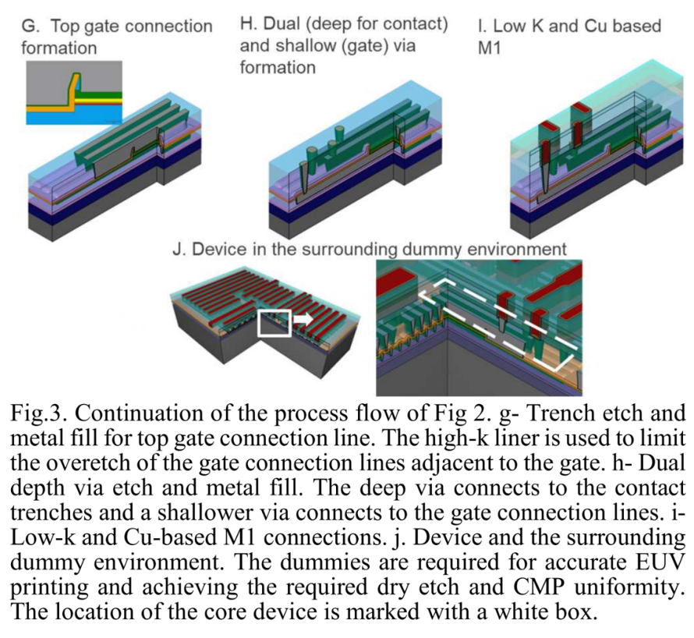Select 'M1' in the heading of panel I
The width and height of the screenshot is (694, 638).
click(x=489, y=48)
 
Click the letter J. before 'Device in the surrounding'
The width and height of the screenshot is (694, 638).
click(x=179, y=250)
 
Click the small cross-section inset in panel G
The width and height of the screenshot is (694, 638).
click(x=74, y=93)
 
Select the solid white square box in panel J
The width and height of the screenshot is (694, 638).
click(x=274, y=323)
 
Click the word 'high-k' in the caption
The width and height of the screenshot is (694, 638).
click(x=453, y=438)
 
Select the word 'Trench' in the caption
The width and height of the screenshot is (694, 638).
click(x=555, y=413)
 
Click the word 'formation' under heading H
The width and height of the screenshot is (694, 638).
click(x=278, y=67)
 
